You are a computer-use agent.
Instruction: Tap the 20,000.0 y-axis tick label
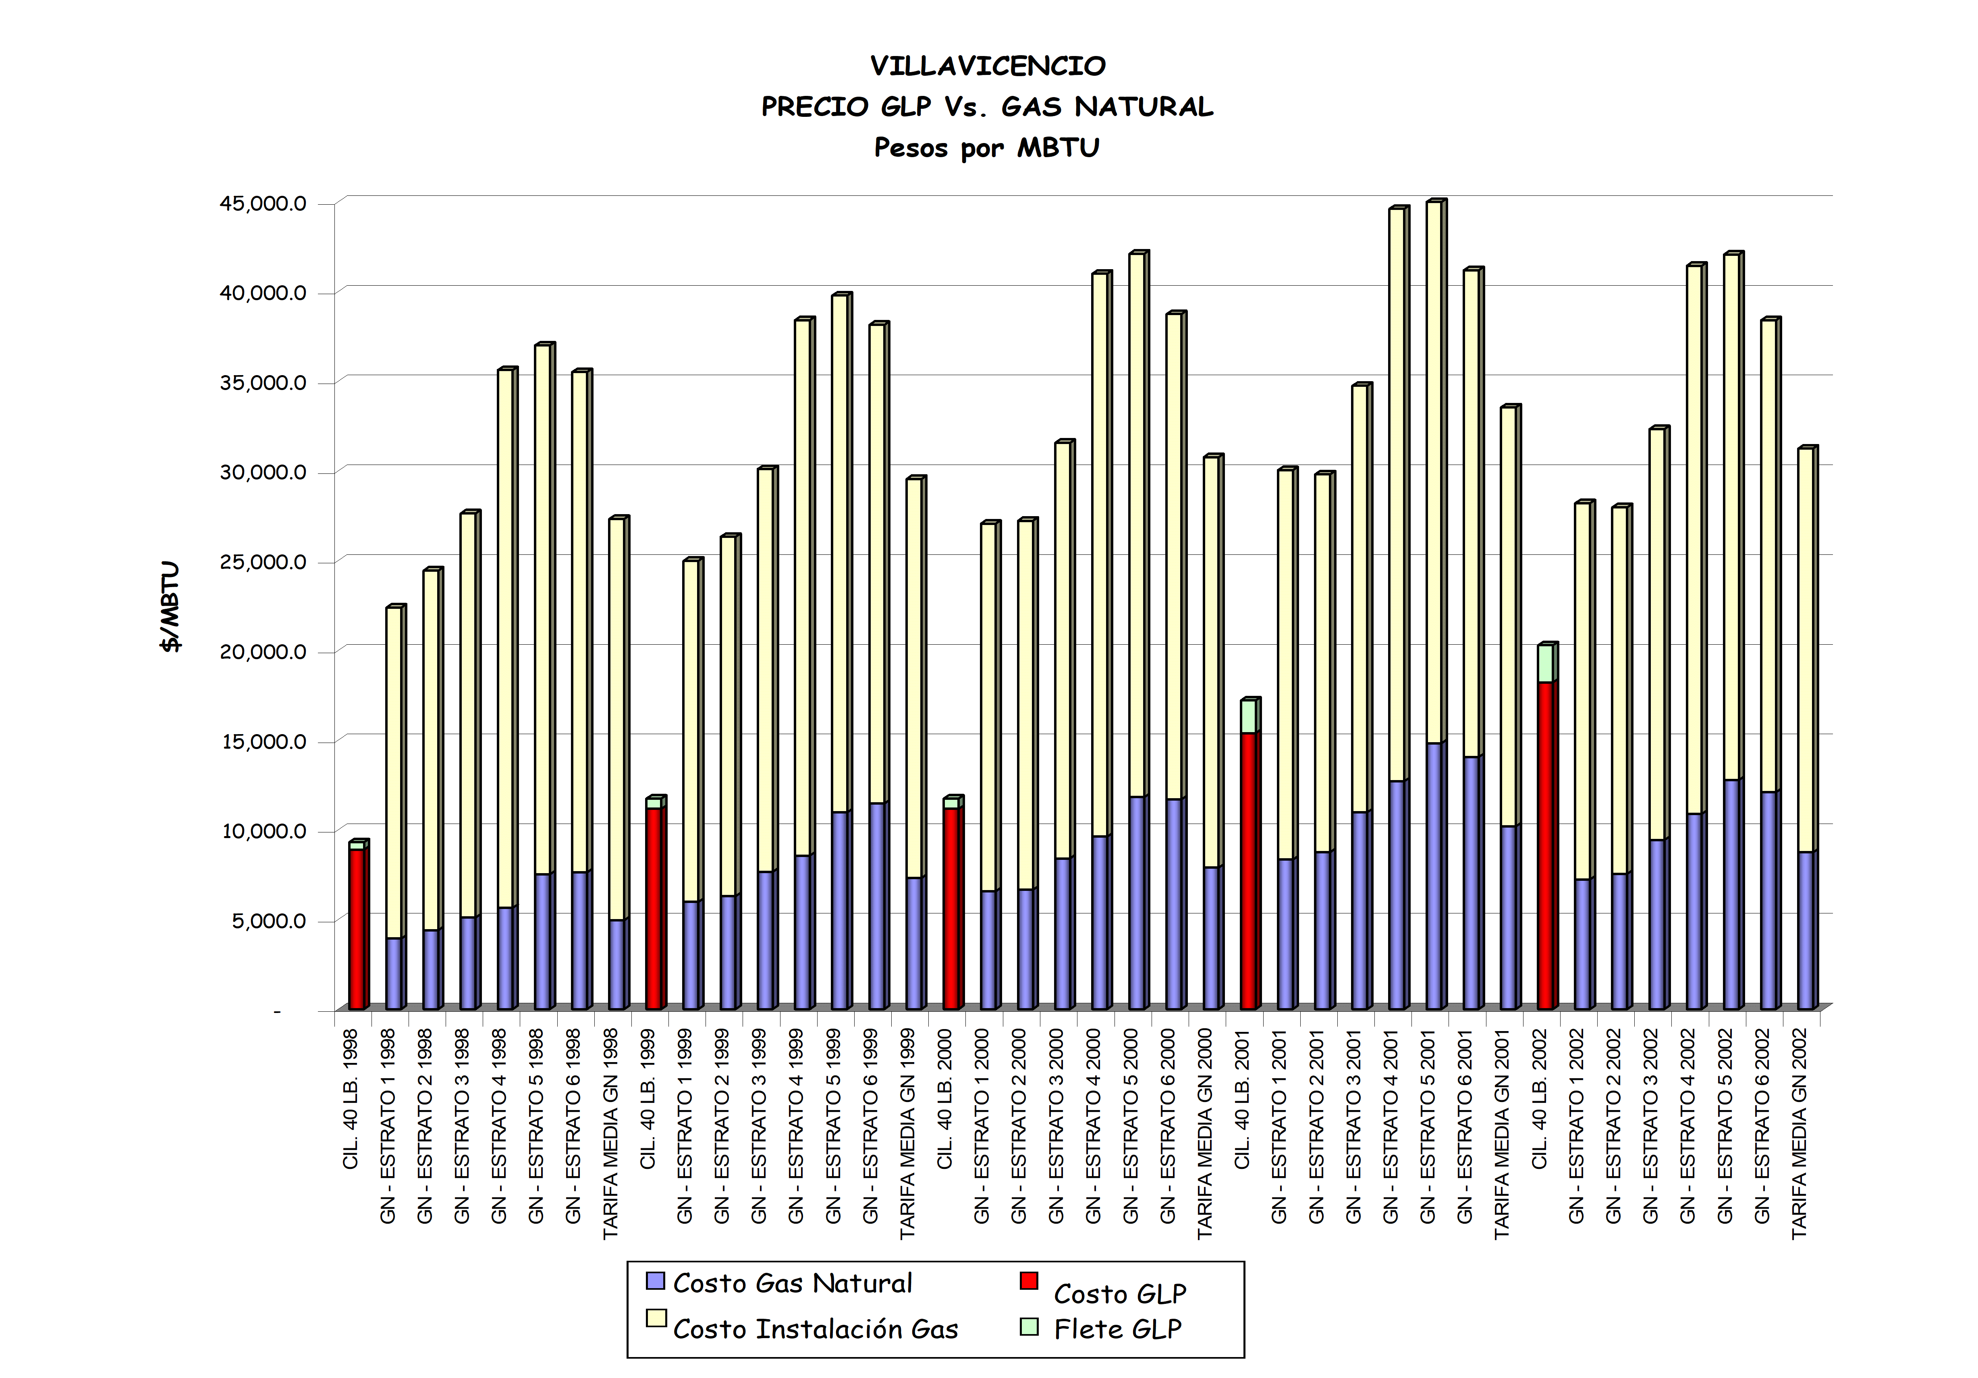tap(263, 652)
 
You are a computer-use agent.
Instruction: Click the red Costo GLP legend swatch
tap(1029, 1280)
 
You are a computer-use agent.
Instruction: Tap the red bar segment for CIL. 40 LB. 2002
tap(1546, 844)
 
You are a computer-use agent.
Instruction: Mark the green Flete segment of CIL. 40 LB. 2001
tap(1248, 716)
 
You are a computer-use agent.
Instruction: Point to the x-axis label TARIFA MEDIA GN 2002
tap(1800, 1133)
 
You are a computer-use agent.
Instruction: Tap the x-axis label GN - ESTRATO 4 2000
tap(1093, 1126)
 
